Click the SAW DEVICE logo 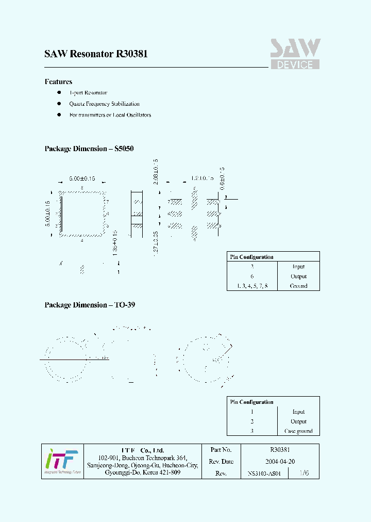tap(295, 54)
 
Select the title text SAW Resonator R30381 tap(96, 54)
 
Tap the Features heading tap(58, 81)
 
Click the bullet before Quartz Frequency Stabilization tap(59, 104)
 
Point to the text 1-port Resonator tap(88, 93)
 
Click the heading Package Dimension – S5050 tap(89, 149)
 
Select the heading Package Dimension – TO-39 tap(90, 305)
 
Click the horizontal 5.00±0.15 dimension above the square tap(82, 178)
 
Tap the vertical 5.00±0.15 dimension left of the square tap(47, 215)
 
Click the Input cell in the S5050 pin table tap(298, 267)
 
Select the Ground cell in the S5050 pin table tap(298, 286)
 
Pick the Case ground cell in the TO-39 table tap(298, 431)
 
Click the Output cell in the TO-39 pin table tap(298, 421)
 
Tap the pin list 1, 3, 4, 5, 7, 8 tap(252, 286)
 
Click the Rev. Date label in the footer tap(222, 462)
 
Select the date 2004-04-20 tap(280, 462)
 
